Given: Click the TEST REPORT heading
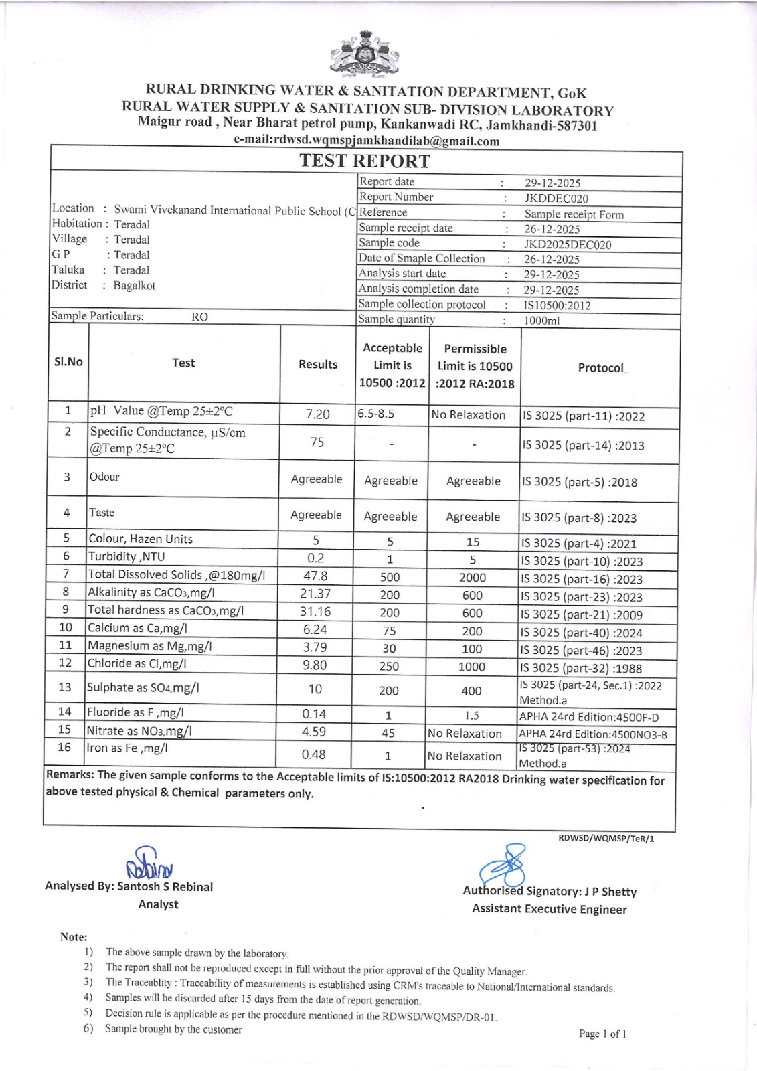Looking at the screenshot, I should [365, 161].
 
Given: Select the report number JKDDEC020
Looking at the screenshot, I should [556, 198].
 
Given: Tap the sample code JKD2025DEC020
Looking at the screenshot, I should [568, 244].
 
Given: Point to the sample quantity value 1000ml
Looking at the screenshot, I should [541, 321].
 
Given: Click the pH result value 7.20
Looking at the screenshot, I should [317, 414].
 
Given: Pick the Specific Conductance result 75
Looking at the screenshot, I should [317, 442].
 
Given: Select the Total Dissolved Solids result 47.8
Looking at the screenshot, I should [315, 576].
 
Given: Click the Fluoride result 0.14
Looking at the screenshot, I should [314, 714].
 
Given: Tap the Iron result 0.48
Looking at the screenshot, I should [313, 754].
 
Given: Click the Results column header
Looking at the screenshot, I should [318, 364].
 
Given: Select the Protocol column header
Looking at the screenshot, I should [600, 367].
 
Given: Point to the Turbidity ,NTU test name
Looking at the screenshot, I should [127, 556].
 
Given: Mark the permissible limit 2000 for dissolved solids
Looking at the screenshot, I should [473, 578].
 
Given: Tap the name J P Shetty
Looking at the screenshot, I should [610, 892].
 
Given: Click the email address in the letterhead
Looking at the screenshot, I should [367, 141].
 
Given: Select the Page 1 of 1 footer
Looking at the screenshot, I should [602, 1034].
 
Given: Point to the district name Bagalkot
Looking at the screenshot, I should [135, 286].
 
